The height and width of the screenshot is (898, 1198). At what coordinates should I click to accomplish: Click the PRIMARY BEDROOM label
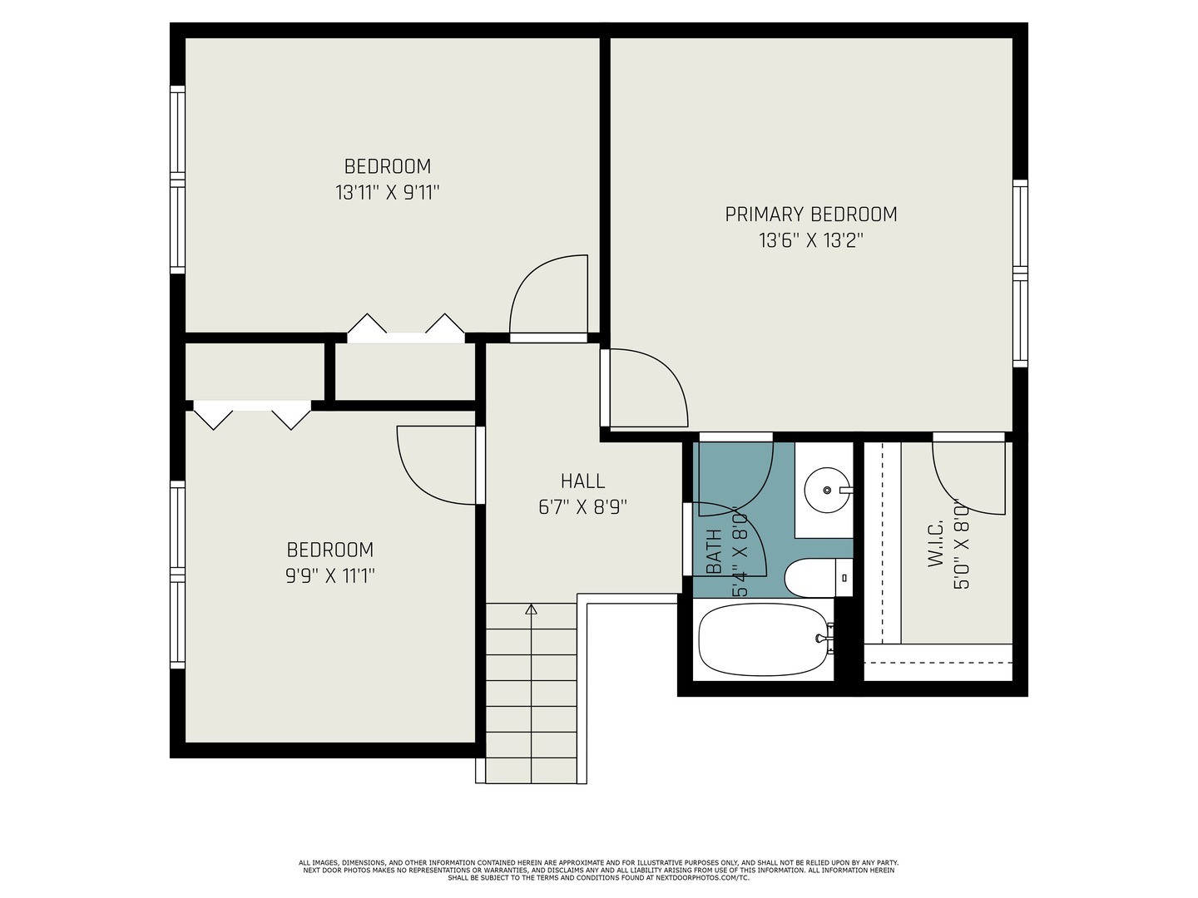point(810,215)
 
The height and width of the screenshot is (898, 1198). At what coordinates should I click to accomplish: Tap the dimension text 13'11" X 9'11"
point(388,192)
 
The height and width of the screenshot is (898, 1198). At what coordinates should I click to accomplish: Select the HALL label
point(583,481)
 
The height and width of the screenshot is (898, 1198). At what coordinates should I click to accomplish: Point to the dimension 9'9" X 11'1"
point(330,575)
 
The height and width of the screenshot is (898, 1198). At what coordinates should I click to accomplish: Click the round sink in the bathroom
point(828,491)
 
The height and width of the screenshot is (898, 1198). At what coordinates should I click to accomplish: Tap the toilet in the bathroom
point(818,577)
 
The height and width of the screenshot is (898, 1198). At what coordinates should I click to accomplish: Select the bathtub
point(764,640)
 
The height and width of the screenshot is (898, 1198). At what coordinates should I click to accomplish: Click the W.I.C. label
point(935,543)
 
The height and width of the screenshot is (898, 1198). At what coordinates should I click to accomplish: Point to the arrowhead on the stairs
point(531,609)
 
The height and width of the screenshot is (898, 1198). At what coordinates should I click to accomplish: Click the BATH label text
point(713,551)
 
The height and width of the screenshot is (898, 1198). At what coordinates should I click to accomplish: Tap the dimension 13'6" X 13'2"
point(811,240)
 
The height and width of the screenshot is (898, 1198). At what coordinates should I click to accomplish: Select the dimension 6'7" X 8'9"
point(583,507)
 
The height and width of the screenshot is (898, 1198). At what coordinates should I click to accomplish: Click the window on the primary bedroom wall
point(1020,274)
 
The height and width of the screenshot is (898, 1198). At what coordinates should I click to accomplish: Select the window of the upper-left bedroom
point(177,180)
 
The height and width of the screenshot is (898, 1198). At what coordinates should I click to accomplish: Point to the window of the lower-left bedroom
point(177,575)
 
